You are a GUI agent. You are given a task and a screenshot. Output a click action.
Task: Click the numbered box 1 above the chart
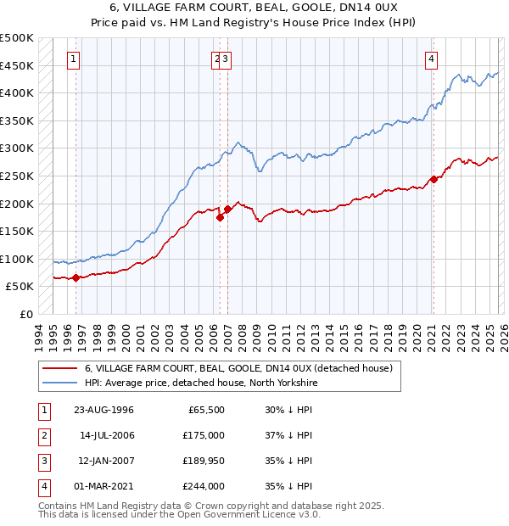pos(75,59)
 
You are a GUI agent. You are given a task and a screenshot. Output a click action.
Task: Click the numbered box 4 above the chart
pos(432,59)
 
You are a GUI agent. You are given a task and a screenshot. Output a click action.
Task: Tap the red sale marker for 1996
pos(76,277)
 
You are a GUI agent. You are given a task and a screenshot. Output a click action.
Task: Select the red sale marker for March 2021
pos(433,179)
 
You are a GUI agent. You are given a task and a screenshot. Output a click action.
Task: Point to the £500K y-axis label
pos(17,38)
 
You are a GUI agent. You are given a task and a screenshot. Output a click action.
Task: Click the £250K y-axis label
pos(17,176)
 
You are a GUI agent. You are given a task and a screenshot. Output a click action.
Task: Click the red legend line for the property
pos(60,369)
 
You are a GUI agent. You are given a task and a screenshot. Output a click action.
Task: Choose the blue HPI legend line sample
pos(60,383)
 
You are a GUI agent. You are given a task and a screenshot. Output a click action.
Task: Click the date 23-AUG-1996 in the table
pos(105,410)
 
